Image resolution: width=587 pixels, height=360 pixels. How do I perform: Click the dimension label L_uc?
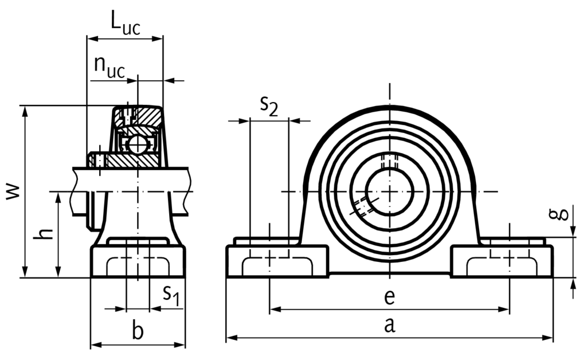(x=125, y=24)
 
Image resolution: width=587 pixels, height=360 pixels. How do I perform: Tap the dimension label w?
(x=12, y=191)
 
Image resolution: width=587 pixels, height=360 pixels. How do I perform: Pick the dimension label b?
(x=137, y=331)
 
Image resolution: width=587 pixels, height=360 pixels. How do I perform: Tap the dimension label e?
(x=389, y=297)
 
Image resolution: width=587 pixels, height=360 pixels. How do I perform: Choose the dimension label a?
(x=389, y=325)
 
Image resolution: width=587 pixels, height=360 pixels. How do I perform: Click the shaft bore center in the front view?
(x=389, y=191)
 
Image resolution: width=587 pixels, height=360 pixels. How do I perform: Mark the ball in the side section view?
(x=138, y=144)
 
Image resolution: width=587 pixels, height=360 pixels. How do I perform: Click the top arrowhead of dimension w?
(x=25, y=109)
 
